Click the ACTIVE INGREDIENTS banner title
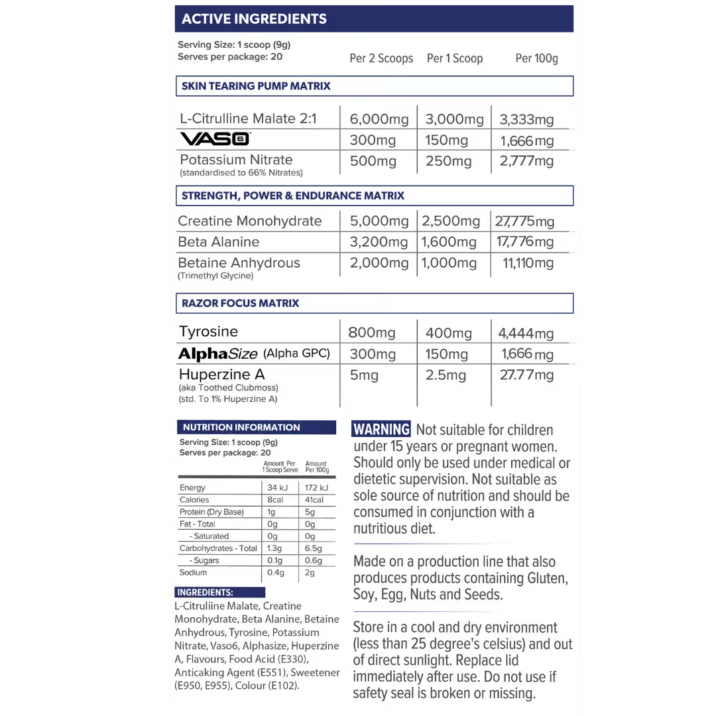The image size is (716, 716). pyautogui.click(x=254, y=19)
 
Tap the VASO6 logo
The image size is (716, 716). pyautogui.click(x=215, y=139)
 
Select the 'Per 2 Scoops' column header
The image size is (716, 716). pyautogui.click(x=381, y=58)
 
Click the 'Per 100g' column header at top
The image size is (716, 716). pyautogui.click(x=536, y=58)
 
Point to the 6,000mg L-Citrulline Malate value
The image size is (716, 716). pyautogui.click(x=379, y=119)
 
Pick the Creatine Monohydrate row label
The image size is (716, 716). pyautogui.click(x=249, y=221)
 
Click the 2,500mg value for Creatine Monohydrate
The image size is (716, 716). pyautogui.click(x=451, y=221)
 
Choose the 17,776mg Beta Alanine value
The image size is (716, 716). pyautogui.click(x=525, y=242)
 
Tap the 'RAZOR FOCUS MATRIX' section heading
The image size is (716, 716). pyautogui.click(x=240, y=303)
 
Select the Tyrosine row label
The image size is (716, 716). pyautogui.click(x=208, y=331)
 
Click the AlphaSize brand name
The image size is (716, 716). pyautogui.click(x=217, y=354)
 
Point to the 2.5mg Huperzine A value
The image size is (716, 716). pyautogui.click(x=446, y=375)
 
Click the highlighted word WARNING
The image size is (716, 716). pyautogui.click(x=381, y=430)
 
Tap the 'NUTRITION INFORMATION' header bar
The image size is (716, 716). pyautogui.click(x=241, y=428)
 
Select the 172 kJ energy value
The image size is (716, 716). pyautogui.click(x=315, y=488)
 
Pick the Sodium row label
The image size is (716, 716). pyautogui.click(x=193, y=572)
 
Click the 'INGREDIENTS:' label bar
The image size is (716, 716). pyautogui.click(x=205, y=593)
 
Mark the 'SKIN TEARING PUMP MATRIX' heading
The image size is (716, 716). pyautogui.click(x=256, y=86)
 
